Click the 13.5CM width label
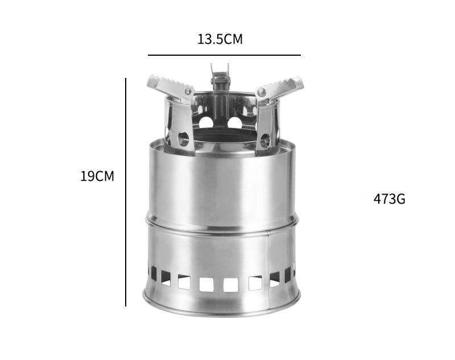pyautogui.click(x=220, y=39)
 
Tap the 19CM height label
pyautogui.click(x=97, y=176)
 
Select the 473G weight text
pyautogui.click(x=389, y=199)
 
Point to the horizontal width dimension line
pyautogui.click(x=224, y=55)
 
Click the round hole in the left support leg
pyautogui.click(x=183, y=138)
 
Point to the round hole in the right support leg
pyautogui.click(x=265, y=138)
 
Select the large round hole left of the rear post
pyautogui.click(x=206, y=122)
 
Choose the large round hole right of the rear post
pyautogui.click(x=234, y=122)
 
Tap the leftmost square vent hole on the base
pyautogui.click(x=154, y=272)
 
